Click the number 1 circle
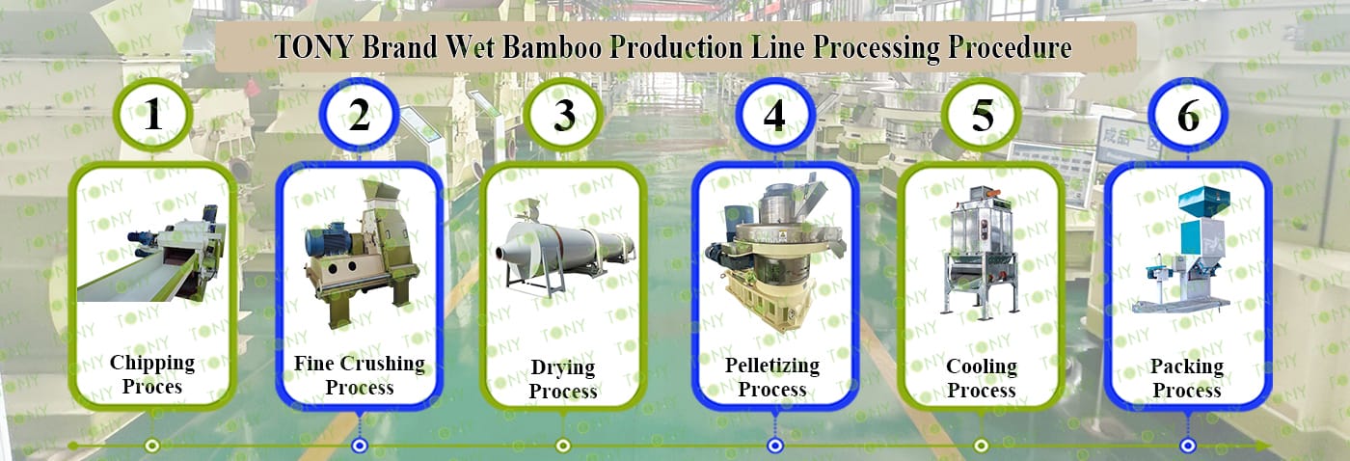click(x=152, y=115)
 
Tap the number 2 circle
click(x=360, y=115)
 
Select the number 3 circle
click(x=565, y=115)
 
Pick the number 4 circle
click(x=774, y=115)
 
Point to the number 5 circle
click(x=982, y=115)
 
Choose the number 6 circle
click(x=1188, y=115)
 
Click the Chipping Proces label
click(x=152, y=375)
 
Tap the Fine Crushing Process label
click(x=360, y=375)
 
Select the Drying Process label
click(x=563, y=379)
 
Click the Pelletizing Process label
click(x=772, y=377)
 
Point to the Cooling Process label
click(x=981, y=378)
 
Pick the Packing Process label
click(x=1187, y=378)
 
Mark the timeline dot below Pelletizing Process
click(x=774, y=446)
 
